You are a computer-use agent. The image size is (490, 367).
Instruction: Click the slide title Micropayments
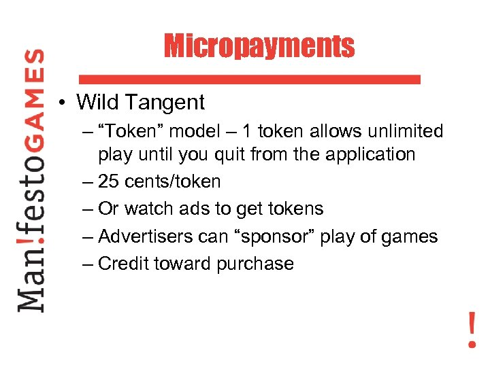pyautogui.click(x=259, y=46)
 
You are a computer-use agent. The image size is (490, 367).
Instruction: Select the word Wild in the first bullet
pyautogui.click(x=97, y=103)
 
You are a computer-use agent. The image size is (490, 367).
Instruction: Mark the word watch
pyautogui.click(x=152, y=209)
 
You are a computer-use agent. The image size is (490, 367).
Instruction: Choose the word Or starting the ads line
pyautogui.click(x=109, y=209)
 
